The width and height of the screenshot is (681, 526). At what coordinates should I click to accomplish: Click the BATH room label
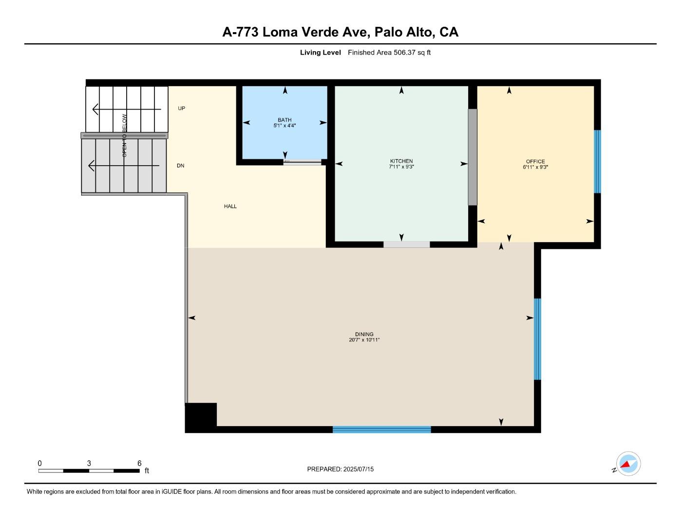[x=284, y=120]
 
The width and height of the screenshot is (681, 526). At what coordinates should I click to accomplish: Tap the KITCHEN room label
[x=401, y=161]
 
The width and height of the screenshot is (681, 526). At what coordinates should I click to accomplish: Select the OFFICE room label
[x=535, y=162]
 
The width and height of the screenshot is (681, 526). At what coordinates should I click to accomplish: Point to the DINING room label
[x=364, y=335]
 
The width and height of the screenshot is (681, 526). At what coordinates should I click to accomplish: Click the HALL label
[x=230, y=207]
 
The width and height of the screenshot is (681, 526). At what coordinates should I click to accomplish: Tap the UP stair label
[x=182, y=109]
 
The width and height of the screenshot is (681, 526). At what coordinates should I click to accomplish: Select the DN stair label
[x=181, y=166]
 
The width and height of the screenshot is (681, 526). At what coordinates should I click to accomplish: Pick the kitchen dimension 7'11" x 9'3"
[x=401, y=167]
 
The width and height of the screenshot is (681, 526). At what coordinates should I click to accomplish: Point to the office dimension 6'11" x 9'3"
[x=535, y=167]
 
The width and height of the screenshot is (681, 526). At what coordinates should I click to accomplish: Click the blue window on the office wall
[x=597, y=161]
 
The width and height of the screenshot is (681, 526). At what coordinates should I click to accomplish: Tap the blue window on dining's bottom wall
[x=381, y=430]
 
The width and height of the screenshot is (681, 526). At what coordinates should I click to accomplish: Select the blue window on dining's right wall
[x=537, y=339]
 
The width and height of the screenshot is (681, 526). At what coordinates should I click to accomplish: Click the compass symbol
[x=628, y=464]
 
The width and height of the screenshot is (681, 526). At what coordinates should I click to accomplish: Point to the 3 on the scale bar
[x=89, y=464]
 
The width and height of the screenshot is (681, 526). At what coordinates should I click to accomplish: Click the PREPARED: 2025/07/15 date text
[x=340, y=470]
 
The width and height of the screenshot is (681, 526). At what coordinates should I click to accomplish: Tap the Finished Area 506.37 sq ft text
[x=389, y=53]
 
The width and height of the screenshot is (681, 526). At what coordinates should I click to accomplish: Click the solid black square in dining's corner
[x=201, y=417]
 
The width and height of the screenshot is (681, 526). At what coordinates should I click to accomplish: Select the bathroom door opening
[x=302, y=163]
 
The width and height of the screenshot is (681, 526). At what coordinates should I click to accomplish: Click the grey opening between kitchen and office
[x=473, y=157]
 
